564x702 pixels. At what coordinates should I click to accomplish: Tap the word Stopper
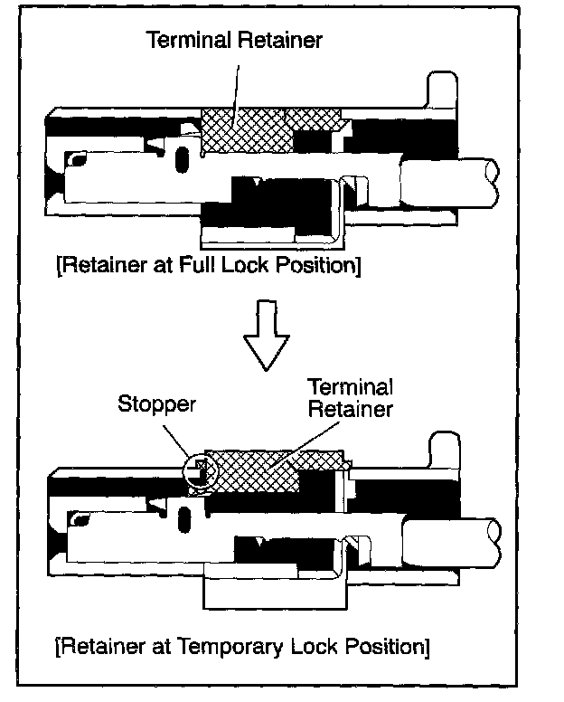click(156, 403)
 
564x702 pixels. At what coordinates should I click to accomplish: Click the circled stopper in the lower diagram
click(201, 470)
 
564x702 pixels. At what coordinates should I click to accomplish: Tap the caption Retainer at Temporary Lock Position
click(241, 647)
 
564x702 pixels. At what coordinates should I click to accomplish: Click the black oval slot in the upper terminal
click(183, 163)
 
